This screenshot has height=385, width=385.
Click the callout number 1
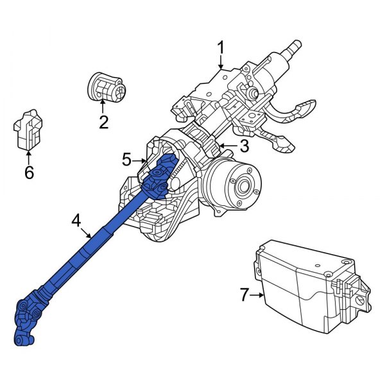[x=221, y=48]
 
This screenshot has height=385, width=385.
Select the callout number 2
[x=103, y=121]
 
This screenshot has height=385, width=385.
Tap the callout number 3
[x=244, y=146]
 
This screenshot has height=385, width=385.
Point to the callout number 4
[x=76, y=221]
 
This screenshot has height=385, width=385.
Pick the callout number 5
[x=126, y=158]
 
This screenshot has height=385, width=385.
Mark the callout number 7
[x=244, y=295]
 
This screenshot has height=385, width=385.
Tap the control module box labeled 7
[x=308, y=289]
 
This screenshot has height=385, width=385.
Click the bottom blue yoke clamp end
[x=22, y=338]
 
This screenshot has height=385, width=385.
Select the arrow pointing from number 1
[x=221, y=63]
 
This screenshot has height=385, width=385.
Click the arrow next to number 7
[x=259, y=295]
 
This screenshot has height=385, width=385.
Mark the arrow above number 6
[x=28, y=154]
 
